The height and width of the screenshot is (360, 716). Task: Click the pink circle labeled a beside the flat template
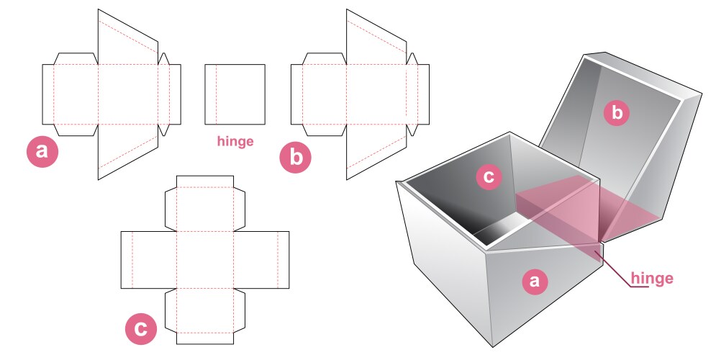tap(42, 151)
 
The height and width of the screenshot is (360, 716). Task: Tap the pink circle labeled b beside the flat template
tap(296, 157)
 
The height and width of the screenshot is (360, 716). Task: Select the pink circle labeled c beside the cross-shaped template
tap(141, 328)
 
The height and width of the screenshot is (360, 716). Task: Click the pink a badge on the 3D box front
tap(533, 282)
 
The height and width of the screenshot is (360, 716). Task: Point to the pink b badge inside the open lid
tap(617, 112)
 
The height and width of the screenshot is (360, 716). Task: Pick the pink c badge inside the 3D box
tap(489, 177)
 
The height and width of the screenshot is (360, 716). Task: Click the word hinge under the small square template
tap(235, 141)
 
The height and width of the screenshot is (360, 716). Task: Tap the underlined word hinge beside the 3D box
tap(652, 279)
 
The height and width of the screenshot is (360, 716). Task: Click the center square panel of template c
tap(205, 260)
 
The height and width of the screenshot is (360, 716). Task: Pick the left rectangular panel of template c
tap(148, 260)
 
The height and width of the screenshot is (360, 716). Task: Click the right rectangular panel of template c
tap(263, 260)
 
